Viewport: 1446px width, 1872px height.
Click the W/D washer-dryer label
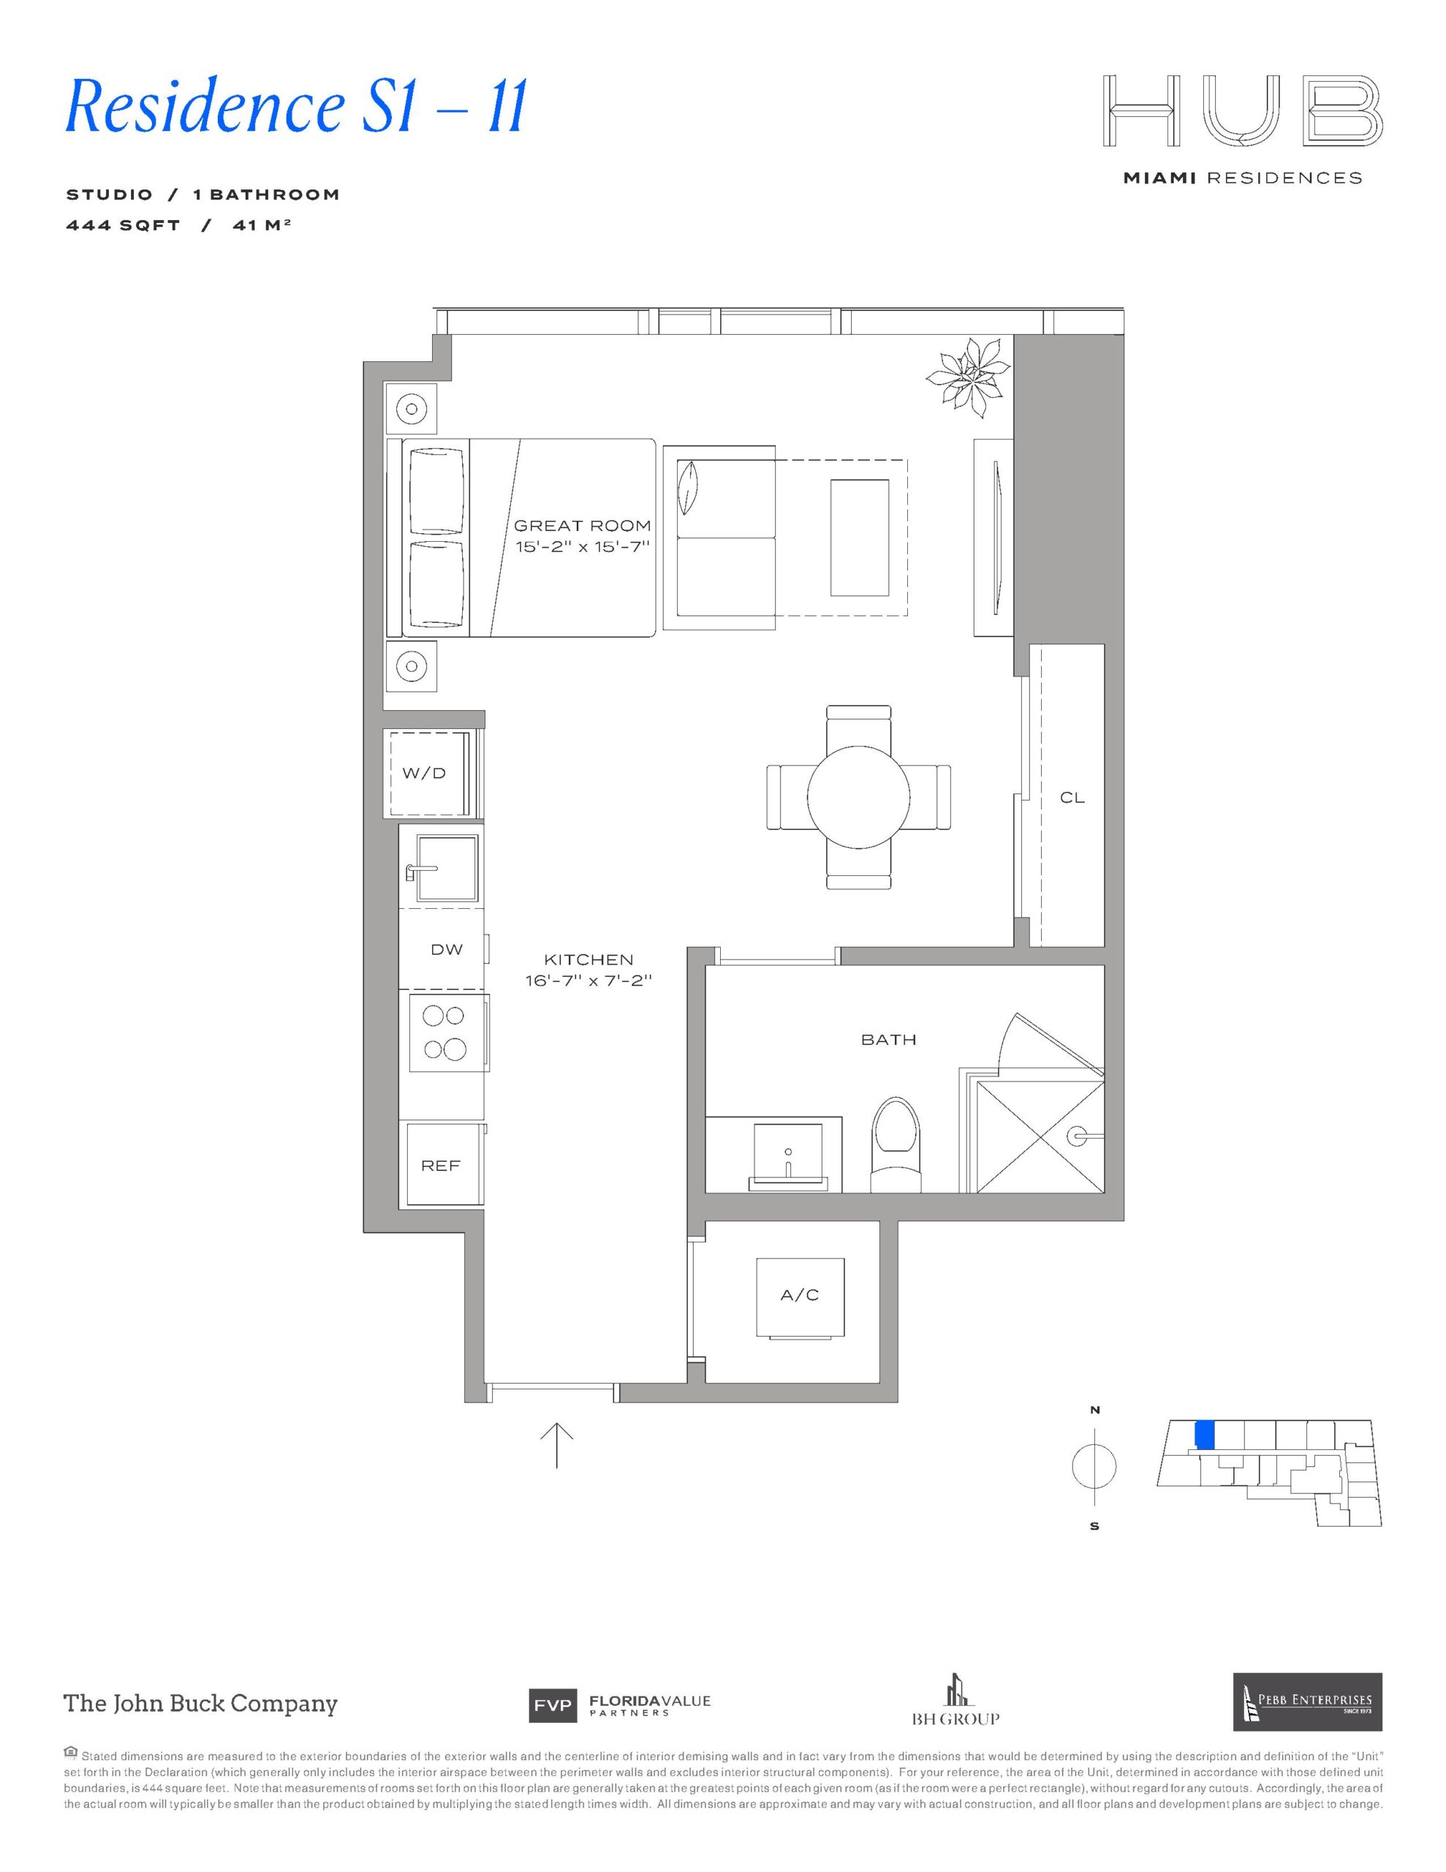(x=424, y=773)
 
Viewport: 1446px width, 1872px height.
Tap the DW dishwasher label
(x=447, y=949)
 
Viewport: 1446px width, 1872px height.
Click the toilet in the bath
(x=895, y=1144)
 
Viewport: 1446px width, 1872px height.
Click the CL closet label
(x=1072, y=797)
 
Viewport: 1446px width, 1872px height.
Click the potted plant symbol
(x=967, y=378)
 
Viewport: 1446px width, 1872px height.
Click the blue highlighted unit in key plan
(x=1203, y=1434)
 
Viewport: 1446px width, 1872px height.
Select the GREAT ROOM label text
(x=582, y=526)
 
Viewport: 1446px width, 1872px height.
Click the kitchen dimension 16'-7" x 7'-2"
(x=589, y=980)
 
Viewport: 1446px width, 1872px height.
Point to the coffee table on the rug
(x=859, y=537)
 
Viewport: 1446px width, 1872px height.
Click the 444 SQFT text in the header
(x=124, y=225)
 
